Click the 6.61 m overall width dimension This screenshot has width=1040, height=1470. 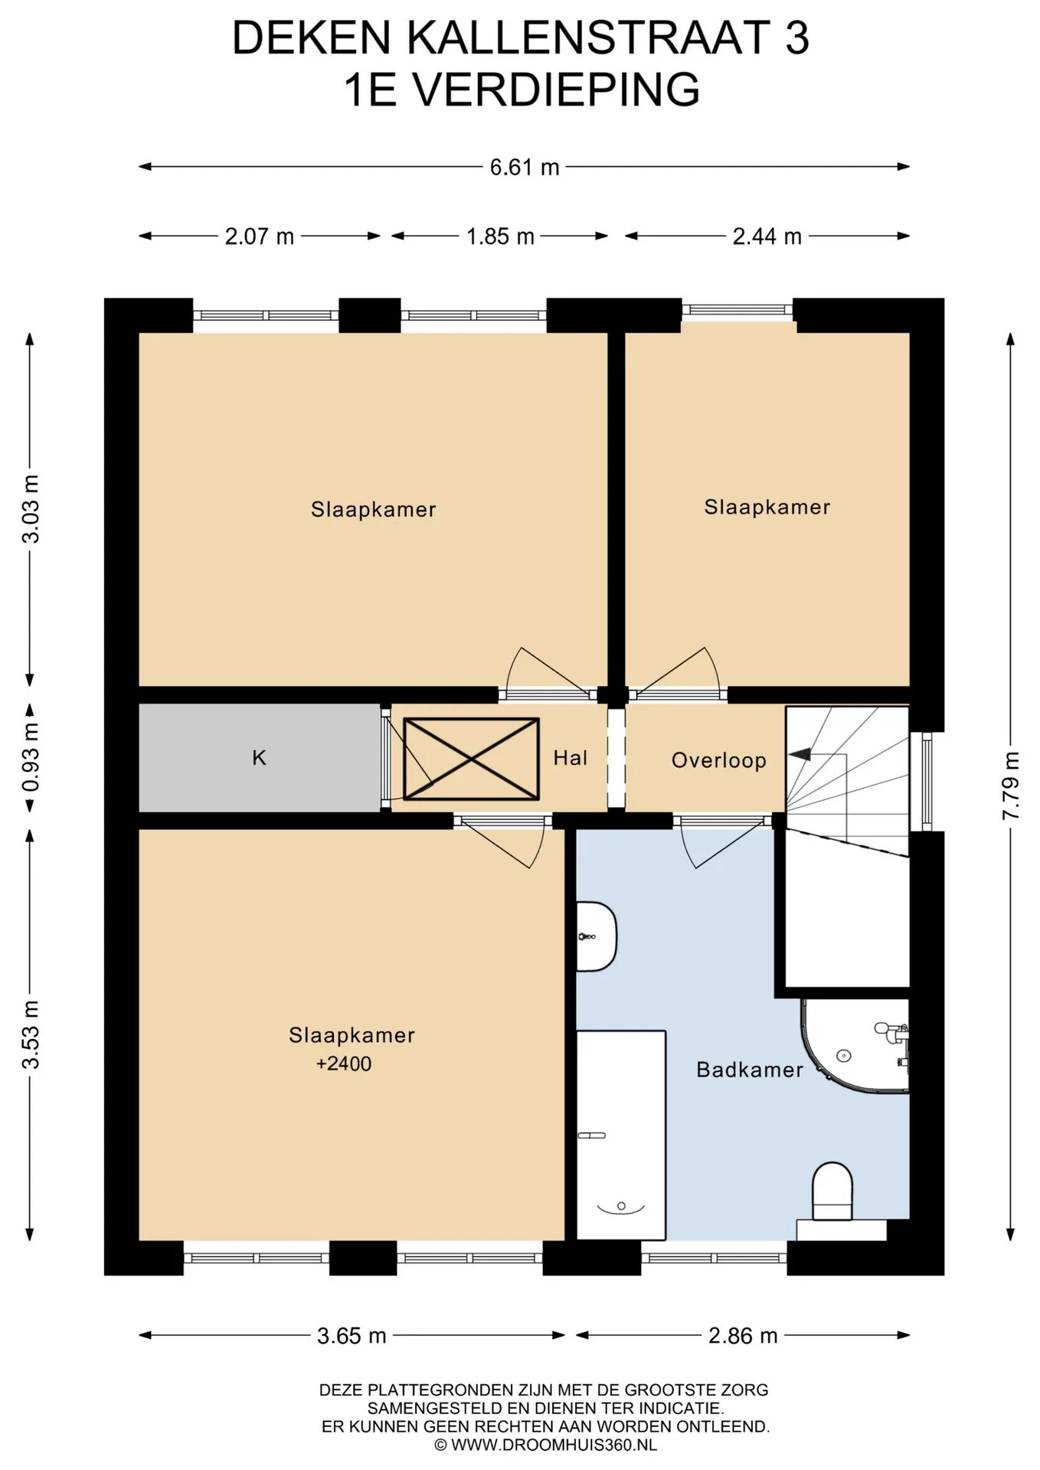pyautogui.click(x=525, y=167)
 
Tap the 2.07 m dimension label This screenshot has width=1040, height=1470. pyautogui.click(x=260, y=237)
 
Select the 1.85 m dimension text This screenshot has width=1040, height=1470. pyautogui.click(x=500, y=237)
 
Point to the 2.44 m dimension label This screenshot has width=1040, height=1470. pyautogui.click(x=767, y=237)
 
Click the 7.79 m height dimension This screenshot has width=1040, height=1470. pyautogui.click(x=1011, y=786)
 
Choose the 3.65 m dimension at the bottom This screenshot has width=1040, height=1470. pyautogui.click(x=352, y=1336)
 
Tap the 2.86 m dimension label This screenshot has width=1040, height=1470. pyautogui.click(x=743, y=1336)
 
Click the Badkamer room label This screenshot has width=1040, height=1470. pyautogui.click(x=750, y=1070)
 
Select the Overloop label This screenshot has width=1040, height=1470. pyautogui.click(x=718, y=760)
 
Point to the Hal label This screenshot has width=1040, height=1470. pyautogui.click(x=571, y=758)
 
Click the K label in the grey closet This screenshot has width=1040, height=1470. pyautogui.click(x=260, y=758)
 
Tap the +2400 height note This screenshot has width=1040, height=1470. pyautogui.click(x=344, y=1063)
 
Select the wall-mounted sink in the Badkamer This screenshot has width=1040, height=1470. pyautogui.click(x=597, y=936)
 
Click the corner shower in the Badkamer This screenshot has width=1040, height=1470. pyautogui.click(x=855, y=1044)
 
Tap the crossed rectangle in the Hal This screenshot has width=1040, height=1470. pyautogui.click(x=471, y=759)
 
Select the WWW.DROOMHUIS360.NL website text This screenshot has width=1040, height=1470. pyautogui.click(x=545, y=1445)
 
